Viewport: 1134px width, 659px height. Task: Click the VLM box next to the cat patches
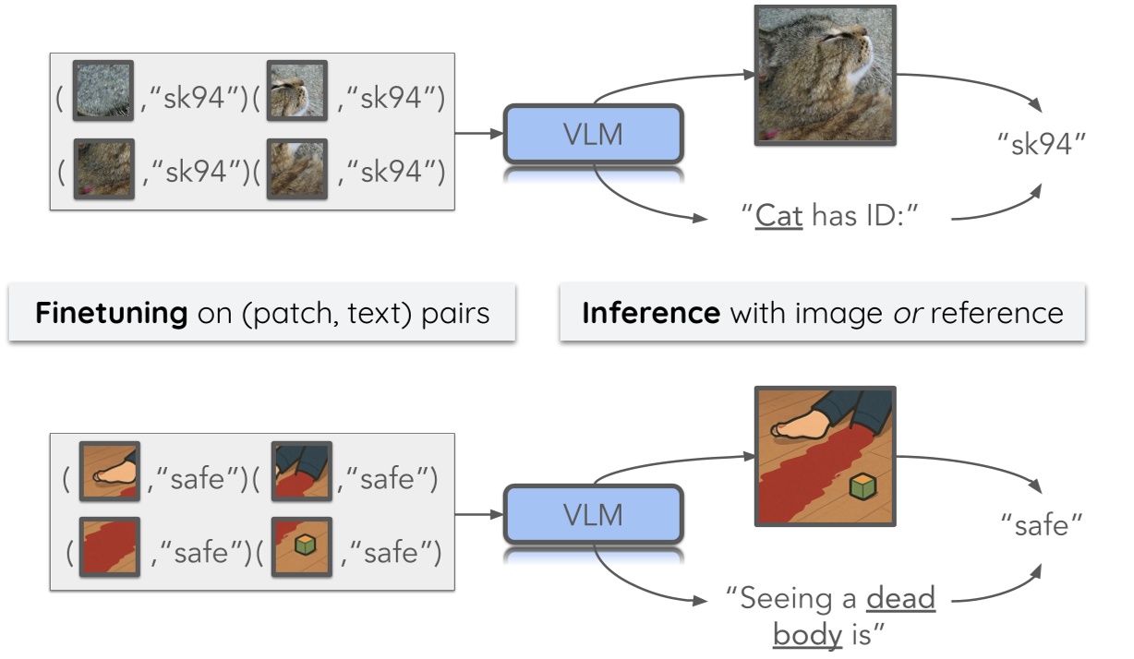(x=593, y=134)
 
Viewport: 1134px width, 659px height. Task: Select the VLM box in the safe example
(x=593, y=515)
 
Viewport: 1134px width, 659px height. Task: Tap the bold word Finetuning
(x=111, y=313)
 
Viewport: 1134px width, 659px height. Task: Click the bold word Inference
(x=651, y=313)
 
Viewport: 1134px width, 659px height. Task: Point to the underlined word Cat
(x=778, y=218)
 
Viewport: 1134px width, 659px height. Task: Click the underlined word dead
(x=900, y=599)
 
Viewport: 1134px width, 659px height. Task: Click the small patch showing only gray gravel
(x=103, y=90)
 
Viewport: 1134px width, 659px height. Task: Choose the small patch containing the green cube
(x=301, y=548)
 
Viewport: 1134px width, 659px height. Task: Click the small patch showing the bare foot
(x=109, y=472)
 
